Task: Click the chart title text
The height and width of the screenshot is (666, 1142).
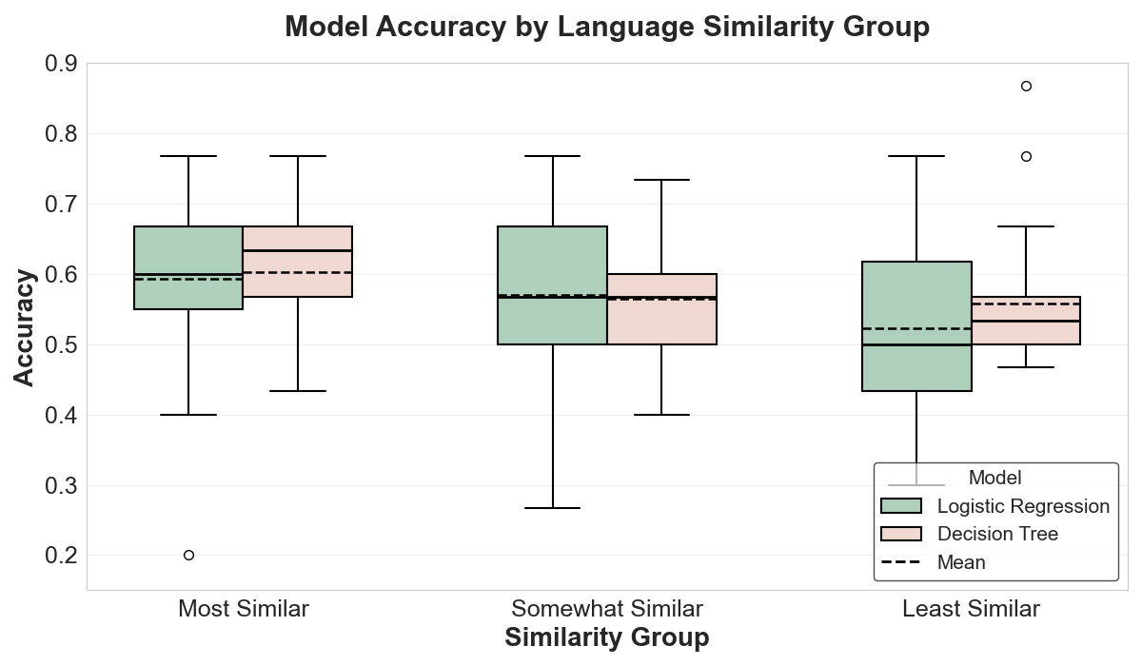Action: point(606,27)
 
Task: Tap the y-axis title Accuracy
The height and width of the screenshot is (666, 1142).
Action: point(25,327)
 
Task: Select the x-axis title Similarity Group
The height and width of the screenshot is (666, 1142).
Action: point(606,637)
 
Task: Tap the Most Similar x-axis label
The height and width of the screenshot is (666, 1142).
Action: point(244,609)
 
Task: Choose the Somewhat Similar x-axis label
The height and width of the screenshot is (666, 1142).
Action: point(607,609)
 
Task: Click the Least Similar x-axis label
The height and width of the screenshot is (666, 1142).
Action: point(971,609)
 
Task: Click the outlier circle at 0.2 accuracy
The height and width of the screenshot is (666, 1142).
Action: point(188,555)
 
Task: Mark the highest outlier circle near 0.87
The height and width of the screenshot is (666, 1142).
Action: point(1026,87)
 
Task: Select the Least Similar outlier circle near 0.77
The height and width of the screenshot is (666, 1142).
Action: point(1026,157)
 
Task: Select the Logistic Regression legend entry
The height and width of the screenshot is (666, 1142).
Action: point(995,506)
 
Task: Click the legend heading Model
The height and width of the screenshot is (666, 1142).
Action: point(994,478)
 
